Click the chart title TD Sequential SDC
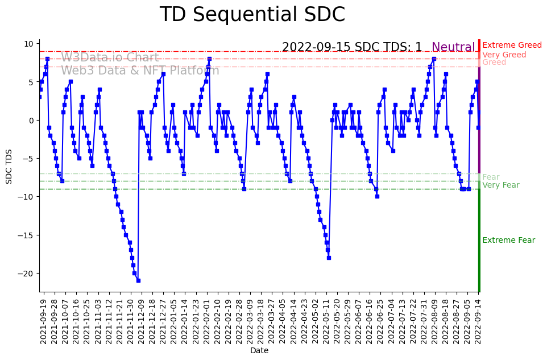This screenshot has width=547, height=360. pyautogui.click(x=252, y=15)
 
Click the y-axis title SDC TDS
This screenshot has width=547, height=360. pyautogui.click(x=9, y=165)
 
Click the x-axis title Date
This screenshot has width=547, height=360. pyautogui.click(x=259, y=351)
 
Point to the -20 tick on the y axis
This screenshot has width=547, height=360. pyautogui.click(x=27, y=273)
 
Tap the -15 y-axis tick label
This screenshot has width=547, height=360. pyautogui.click(x=27, y=235)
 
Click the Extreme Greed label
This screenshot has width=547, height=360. pyautogui.click(x=512, y=45)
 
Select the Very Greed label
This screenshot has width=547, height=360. pyautogui.click(x=504, y=55)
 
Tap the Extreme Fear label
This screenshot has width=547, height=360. pyautogui.click(x=508, y=241)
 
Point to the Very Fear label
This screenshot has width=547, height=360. pyautogui.click(x=500, y=185)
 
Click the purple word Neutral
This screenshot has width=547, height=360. pyautogui.click(x=453, y=48)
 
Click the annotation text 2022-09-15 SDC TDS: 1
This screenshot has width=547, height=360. pyautogui.click(x=352, y=48)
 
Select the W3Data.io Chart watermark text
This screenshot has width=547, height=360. pyautogui.click(x=110, y=57)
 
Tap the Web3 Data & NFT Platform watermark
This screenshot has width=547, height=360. pyautogui.click(x=140, y=71)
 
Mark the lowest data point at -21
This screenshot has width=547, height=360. pyautogui.click(x=138, y=280)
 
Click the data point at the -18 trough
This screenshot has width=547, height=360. pyautogui.click(x=329, y=258)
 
